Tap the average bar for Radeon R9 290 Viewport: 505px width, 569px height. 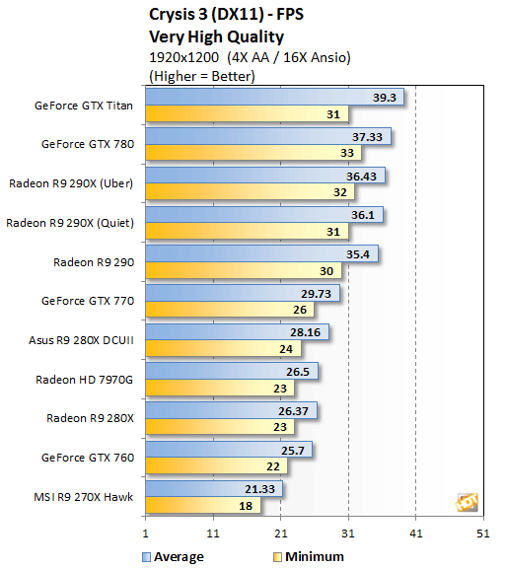click(x=261, y=252)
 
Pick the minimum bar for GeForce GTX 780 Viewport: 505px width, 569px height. click(x=251, y=154)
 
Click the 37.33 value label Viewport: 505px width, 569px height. click(x=375, y=136)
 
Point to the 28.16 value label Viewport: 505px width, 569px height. click(x=313, y=332)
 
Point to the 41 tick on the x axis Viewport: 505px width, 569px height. click(x=415, y=533)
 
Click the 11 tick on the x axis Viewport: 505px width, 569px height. click(x=213, y=533)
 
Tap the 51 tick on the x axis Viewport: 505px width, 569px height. click(x=482, y=533)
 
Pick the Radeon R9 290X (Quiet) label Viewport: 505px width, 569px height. click(x=70, y=223)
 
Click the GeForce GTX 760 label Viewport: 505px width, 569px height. click(x=89, y=457)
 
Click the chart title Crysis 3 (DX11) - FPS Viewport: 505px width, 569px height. click(x=226, y=14)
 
